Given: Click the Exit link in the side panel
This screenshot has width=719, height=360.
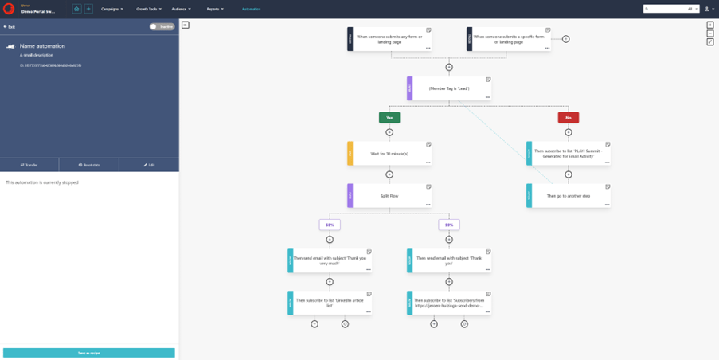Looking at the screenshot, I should click(10, 26).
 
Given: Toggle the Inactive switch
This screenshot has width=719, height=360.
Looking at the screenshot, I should click(162, 26).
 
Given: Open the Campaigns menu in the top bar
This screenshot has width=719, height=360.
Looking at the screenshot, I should click(111, 9).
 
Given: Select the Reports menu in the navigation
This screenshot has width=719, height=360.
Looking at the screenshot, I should click(215, 9).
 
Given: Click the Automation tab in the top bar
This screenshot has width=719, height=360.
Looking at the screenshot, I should click(251, 9).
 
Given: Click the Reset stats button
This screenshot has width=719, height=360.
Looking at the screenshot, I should click(89, 165).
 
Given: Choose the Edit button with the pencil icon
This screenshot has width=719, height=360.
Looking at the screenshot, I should click(149, 165).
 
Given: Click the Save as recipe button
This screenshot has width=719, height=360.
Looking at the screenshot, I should click(89, 353).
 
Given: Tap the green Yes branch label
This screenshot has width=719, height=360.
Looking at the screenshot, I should click(389, 117).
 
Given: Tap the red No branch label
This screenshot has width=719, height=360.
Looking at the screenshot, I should click(568, 117).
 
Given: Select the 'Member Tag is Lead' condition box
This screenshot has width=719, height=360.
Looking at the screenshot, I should click(449, 88).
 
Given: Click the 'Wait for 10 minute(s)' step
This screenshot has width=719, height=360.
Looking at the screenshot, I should click(389, 153).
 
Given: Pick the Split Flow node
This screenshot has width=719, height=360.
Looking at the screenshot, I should click(389, 195).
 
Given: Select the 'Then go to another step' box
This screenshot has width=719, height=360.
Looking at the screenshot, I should click(568, 195).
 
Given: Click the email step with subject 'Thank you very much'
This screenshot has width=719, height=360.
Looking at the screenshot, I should click(330, 260).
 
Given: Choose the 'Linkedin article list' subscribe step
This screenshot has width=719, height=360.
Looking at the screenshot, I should click(330, 303).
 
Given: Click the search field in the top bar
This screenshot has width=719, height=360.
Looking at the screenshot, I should click(665, 9).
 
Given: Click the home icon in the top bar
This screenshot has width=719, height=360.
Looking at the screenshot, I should click(77, 9).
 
